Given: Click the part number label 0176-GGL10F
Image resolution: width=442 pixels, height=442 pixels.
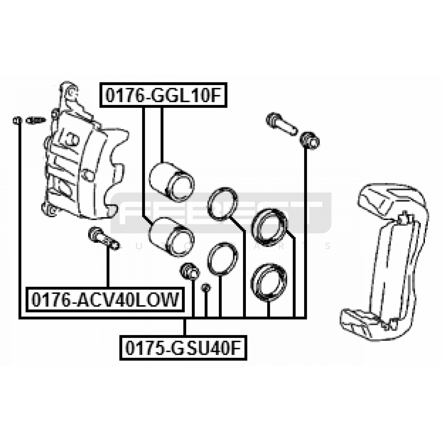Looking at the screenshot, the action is pyautogui.click(x=163, y=95).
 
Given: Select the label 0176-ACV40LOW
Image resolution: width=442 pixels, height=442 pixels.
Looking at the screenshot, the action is pyautogui.click(x=105, y=299).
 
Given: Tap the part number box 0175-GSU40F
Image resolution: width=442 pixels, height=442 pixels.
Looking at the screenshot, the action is pyautogui.click(x=183, y=348).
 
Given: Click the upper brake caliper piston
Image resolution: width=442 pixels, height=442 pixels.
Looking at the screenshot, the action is pyautogui.click(x=171, y=181).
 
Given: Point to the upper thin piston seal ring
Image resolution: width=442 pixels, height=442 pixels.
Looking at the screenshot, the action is pyautogui.click(x=223, y=204).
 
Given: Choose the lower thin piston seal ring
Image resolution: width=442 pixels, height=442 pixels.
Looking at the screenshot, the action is pyautogui.click(x=223, y=259).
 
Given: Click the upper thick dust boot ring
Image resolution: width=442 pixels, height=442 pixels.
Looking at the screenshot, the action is pyautogui.click(x=269, y=227).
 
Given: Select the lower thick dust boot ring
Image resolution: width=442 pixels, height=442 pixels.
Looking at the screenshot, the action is pyautogui.click(x=269, y=282).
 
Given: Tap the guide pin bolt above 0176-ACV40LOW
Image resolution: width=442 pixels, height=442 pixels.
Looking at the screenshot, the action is pyautogui.click(x=104, y=238).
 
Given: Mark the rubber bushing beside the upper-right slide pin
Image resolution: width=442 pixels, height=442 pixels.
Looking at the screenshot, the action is pyautogui.click(x=310, y=141).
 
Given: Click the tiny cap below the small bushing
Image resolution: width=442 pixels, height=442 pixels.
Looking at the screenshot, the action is pyautogui.click(x=206, y=288).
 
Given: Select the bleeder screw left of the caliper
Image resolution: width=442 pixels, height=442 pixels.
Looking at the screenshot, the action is pyautogui.click(x=36, y=120).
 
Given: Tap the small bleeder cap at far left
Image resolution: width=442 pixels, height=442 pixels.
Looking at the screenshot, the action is pyautogui.click(x=17, y=120).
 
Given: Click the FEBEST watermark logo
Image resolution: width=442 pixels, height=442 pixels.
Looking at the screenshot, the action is pyautogui.click(x=221, y=213).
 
